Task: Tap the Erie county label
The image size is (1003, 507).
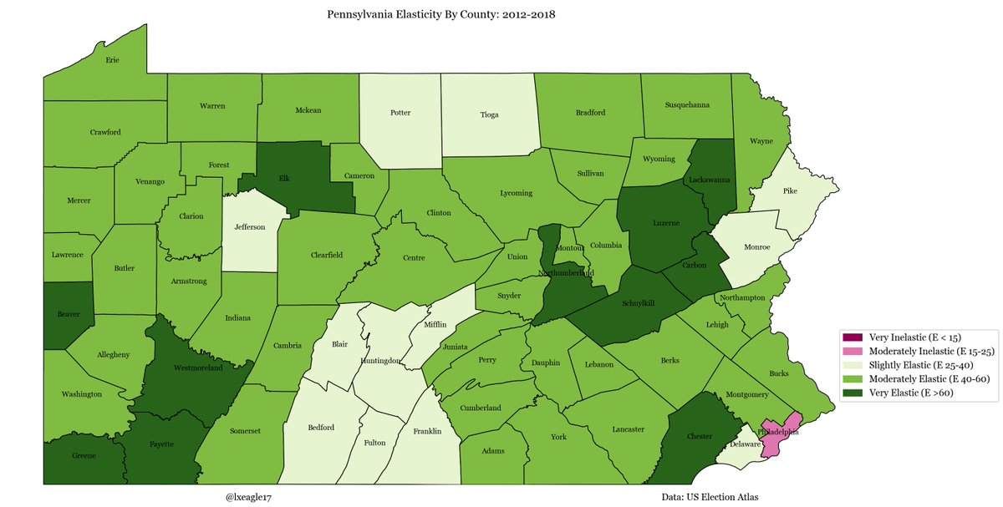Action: pyautogui.click(x=112, y=60)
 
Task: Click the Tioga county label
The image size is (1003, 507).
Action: pyautogui.click(x=489, y=114)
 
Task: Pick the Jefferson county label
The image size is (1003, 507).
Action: pyautogui.click(x=249, y=226)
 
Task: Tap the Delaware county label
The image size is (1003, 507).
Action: pyautogui.click(x=746, y=445)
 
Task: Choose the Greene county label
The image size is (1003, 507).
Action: pyautogui.click(x=84, y=456)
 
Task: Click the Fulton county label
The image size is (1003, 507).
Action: pyautogui.click(x=374, y=444)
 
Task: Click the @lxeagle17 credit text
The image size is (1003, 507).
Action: pyautogui.click(x=249, y=498)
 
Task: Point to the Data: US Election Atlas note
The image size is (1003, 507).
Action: pyautogui.click(x=709, y=498)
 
